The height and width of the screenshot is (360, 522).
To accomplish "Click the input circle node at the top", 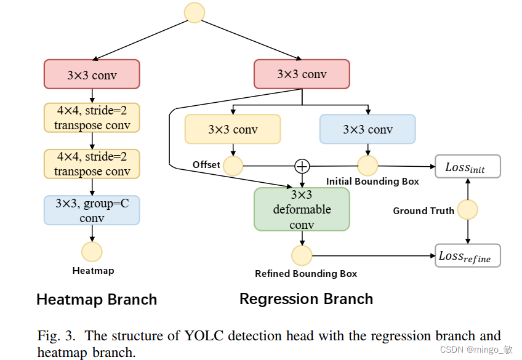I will (x=195, y=13).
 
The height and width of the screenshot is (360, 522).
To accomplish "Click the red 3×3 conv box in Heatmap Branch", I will (x=92, y=74).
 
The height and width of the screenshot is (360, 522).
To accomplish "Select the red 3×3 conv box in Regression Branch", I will (x=302, y=74).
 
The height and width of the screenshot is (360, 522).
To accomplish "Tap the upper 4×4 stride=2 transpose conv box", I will (x=92, y=118).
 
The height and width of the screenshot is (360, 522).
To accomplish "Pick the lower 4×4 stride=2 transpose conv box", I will (x=92, y=164).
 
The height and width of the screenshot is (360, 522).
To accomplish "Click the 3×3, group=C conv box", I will (x=92, y=210).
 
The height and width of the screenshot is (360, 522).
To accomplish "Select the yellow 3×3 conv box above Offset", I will (x=233, y=129).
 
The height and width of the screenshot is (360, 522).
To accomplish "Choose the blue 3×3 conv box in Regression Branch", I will (x=367, y=129).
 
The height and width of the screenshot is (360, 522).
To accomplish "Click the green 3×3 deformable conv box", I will (x=302, y=209).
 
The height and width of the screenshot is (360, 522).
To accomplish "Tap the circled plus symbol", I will (x=302, y=166).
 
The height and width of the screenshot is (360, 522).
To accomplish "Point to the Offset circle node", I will (x=233, y=166).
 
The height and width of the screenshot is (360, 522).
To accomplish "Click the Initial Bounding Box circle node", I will (x=367, y=166).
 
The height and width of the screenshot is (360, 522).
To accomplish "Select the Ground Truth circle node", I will (x=468, y=210).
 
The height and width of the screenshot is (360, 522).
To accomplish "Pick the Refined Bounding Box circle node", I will (x=302, y=255).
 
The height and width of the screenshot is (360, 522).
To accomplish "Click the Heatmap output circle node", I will (x=92, y=252).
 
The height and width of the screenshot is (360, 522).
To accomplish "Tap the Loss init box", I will (x=468, y=166).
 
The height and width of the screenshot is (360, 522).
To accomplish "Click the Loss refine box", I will (x=468, y=255).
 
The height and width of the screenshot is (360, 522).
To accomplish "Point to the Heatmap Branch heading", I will (x=97, y=300).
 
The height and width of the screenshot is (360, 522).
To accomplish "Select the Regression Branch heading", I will (x=306, y=299).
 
